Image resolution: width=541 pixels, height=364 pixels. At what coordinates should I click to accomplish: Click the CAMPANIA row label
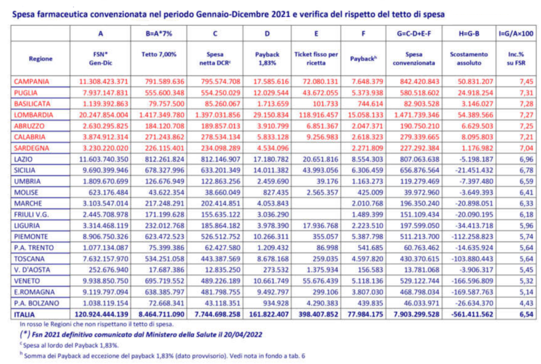31,82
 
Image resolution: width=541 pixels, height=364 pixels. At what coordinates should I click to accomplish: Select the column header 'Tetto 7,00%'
158,54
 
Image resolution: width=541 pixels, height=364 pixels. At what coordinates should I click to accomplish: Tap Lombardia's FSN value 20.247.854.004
104,115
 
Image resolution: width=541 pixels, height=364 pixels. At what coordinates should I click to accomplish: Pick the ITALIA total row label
24,315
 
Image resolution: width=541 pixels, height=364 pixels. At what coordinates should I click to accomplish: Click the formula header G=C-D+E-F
414,33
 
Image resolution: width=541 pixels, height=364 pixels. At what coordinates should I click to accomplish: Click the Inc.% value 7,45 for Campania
526,82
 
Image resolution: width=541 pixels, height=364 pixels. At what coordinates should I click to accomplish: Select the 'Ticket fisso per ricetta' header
316,59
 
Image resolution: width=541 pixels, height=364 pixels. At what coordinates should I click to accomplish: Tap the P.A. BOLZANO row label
36,303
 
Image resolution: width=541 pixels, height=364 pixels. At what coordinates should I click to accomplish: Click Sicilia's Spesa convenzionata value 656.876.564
419,171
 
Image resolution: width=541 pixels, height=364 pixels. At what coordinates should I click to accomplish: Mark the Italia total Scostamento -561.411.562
472,315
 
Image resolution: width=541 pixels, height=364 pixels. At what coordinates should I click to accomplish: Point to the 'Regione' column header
41,59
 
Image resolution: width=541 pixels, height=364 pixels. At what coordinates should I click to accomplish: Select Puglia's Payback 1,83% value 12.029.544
271,93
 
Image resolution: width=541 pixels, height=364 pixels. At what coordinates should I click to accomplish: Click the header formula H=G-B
469,33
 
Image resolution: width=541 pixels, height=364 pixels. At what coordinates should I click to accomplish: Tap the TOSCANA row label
30,259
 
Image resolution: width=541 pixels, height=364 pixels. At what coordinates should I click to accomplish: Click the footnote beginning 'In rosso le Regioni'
97,324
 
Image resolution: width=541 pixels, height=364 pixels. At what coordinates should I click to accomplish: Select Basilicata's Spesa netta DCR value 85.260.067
220,104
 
